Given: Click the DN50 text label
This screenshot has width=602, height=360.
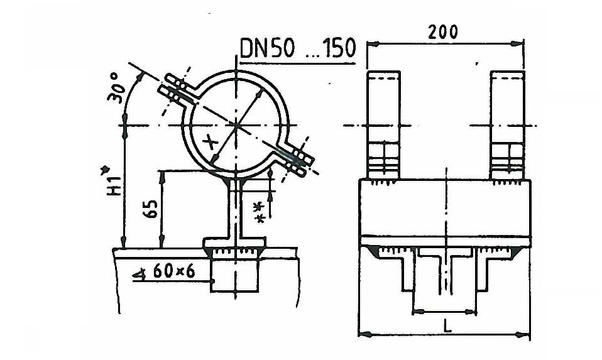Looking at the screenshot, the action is pos(268,48).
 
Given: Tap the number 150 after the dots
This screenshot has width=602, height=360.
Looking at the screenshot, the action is pos(338,48).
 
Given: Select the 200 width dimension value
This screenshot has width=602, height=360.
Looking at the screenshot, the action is pos(442,32).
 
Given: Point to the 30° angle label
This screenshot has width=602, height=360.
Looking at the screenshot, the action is pos(117,88).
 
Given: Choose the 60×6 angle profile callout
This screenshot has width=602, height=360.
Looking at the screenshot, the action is pos(174,271).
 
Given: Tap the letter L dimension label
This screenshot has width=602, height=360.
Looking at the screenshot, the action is pos(447,326).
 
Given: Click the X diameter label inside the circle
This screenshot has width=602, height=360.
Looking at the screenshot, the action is pos(211,143).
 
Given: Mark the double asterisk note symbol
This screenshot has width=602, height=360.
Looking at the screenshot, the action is pos(260,212).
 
